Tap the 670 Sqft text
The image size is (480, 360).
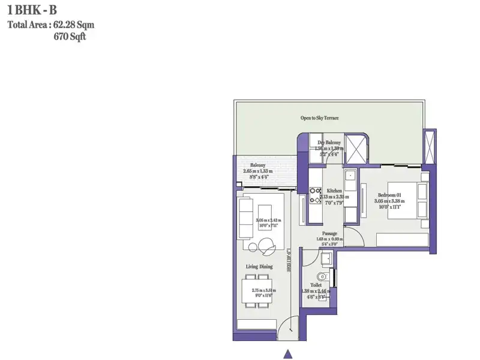pos(74,36)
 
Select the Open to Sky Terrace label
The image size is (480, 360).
pos(320,118)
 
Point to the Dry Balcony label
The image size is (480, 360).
pos(329,142)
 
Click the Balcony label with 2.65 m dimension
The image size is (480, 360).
pos(258,165)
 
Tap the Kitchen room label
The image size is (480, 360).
pos(334,190)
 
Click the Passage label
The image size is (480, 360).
pos(329,233)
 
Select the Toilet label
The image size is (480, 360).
pos(316,285)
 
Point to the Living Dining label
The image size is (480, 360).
pos(259,266)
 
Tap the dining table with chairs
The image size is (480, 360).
pos(256,292)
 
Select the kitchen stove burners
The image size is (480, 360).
pos(316,196)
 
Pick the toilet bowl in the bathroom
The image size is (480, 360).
pos(323,278)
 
